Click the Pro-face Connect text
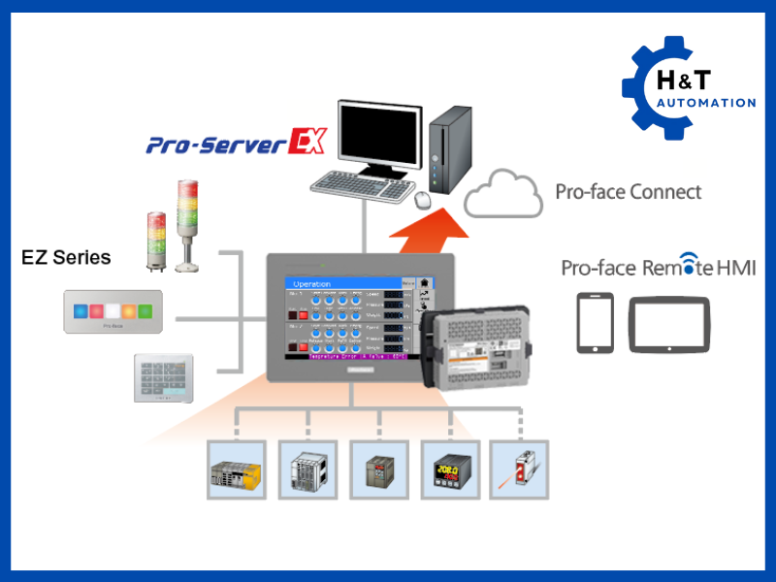tap(628, 191)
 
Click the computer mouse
tap(423, 199)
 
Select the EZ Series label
tap(66, 258)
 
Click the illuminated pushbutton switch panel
tap(113, 312)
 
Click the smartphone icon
tap(595, 323)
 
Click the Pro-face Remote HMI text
tap(658, 269)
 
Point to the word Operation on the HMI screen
tap(312, 284)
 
